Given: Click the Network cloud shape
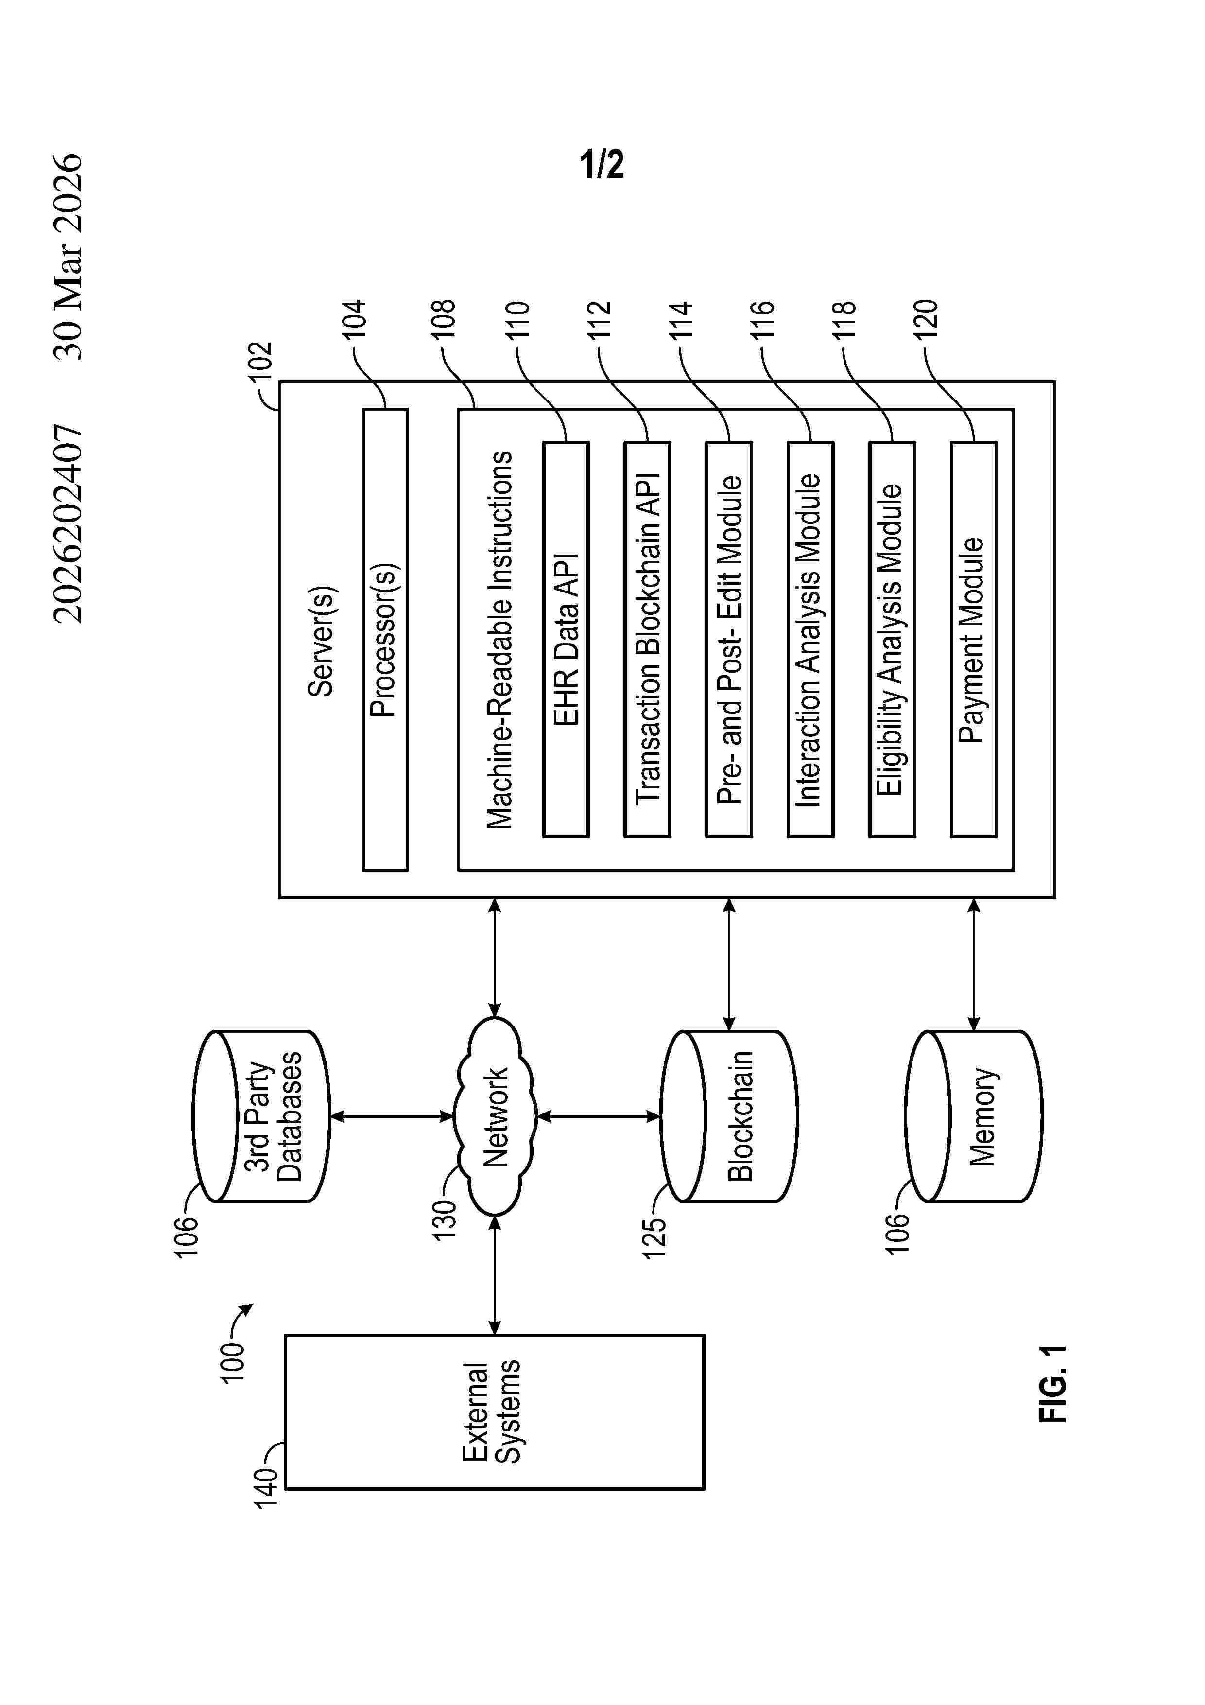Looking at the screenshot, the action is [x=495, y=1116].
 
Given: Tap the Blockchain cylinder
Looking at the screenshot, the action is [x=729, y=1116].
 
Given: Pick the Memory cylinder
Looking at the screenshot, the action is [x=973, y=1116].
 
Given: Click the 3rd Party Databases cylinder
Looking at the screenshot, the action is [x=260, y=1116].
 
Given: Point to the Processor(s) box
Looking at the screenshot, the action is [x=385, y=640].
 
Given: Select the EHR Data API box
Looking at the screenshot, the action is [x=566, y=640].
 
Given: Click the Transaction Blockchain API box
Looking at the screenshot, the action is [x=647, y=640].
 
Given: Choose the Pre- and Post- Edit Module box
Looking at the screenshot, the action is [x=729, y=640].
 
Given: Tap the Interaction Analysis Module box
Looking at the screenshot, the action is [x=811, y=640].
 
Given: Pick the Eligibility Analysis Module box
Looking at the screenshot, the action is [x=893, y=640].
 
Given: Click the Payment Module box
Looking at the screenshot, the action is [x=973, y=640].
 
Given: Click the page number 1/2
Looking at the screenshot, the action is [x=602, y=164].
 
